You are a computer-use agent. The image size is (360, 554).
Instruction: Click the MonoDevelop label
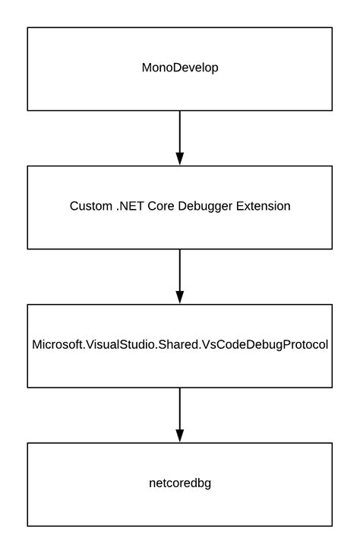click(180, 68)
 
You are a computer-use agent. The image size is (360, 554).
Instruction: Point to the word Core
click(167, 206)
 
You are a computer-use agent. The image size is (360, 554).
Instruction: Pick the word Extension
click(266, 206)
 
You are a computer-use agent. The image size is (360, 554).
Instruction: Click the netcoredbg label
click(180, 483)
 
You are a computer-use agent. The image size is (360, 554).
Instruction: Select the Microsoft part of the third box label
click(57, 344)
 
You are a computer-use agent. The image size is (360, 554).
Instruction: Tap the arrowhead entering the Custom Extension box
click(180, 158)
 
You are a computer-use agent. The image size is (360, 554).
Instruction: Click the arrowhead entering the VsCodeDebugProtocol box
click(180, 296)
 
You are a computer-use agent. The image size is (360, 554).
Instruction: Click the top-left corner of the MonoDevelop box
click(28, 28)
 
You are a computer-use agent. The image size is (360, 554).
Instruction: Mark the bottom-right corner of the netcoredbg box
click(332, 526)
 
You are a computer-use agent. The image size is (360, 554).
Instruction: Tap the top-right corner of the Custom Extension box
click(332, 166)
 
